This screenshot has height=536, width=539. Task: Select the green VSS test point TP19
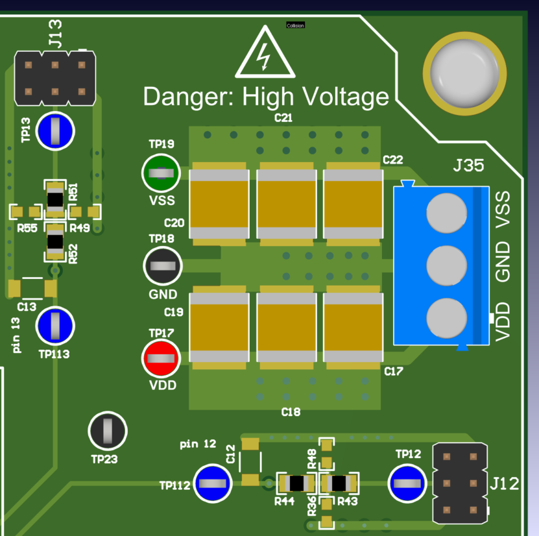(161, 173)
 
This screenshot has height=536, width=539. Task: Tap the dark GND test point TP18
(162, 265)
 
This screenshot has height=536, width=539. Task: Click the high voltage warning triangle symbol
(264, 55)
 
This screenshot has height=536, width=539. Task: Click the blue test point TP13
(55, 130)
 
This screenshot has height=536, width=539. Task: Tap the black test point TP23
(107, 430)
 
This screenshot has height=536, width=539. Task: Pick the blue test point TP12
(407, 483)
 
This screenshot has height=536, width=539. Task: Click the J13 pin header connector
(55, 79)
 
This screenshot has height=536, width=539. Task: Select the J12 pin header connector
(459, 483)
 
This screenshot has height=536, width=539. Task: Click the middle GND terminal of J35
(447, 265)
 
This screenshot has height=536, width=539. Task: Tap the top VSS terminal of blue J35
(447, 213)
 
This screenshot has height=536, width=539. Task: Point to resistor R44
(296, 483)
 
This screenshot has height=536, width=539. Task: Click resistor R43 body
(338, 483)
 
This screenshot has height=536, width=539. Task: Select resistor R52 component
(55, 241)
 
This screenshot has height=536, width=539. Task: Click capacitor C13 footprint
(32, 287)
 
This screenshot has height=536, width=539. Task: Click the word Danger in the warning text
(190, 97)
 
